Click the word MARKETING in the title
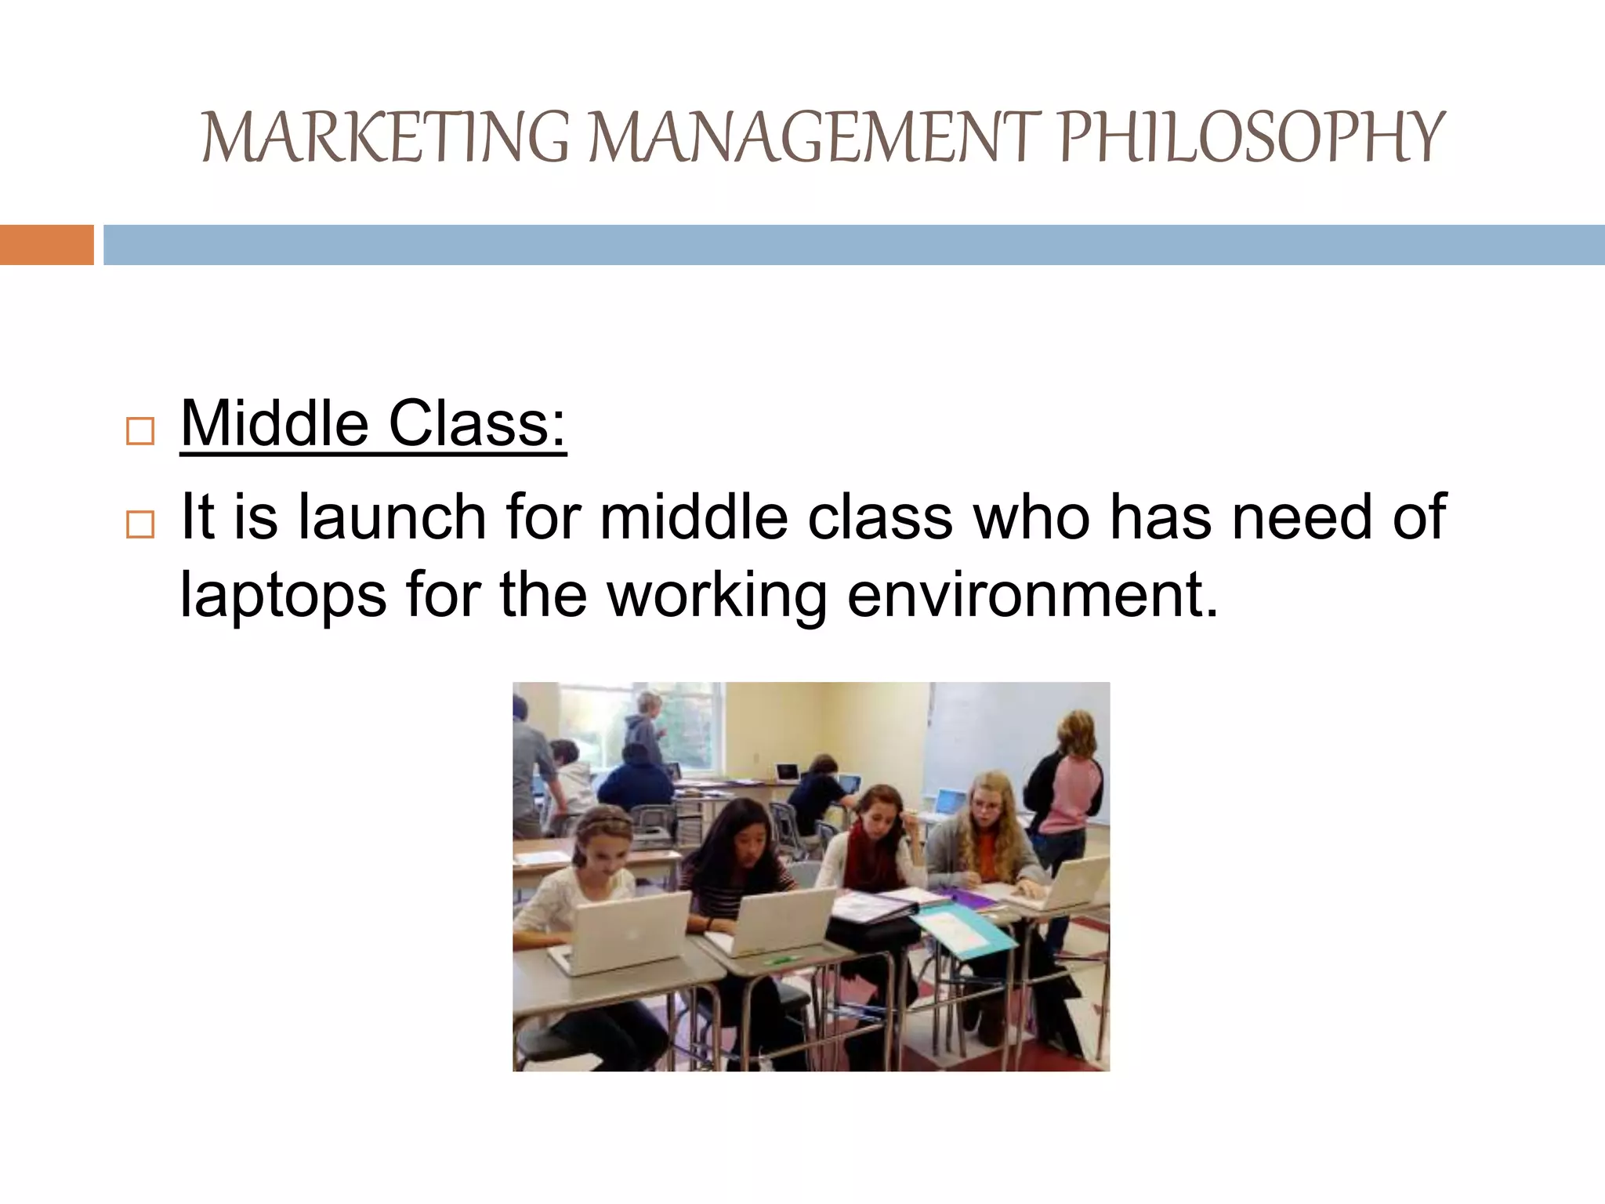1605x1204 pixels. coord(384,139)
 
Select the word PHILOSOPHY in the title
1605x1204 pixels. coord(1251,139)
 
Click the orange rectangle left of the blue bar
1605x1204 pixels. coord(46,245)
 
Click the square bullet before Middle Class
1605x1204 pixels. coord(140,431)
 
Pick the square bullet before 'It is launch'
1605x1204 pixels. coord(140,524)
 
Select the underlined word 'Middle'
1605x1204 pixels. coord(274,424)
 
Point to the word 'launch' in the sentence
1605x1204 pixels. coord(392,517)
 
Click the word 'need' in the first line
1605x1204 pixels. coord(1302,517)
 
